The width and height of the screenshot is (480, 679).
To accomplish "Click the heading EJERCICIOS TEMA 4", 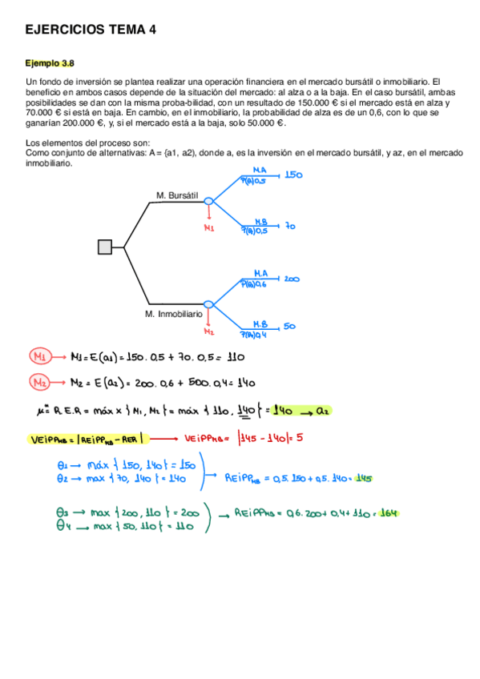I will tap(91, 30).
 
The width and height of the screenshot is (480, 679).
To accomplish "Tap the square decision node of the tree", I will tap(105, 247).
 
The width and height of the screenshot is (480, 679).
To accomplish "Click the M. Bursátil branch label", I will tap(177, 195).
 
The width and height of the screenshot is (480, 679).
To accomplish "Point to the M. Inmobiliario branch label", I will tap(174, 315).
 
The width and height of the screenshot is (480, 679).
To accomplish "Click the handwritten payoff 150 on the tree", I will tap(293, 175).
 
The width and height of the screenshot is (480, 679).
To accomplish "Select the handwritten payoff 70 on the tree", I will tap(290, 227).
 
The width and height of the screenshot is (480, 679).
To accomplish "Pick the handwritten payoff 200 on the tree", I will tap(292, 279).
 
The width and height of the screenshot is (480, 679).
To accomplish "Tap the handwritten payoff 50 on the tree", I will tap(290, 326).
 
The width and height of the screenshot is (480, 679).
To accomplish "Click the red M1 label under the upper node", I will tap(209, 228).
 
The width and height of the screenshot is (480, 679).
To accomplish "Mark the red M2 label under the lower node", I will tap(209, 331).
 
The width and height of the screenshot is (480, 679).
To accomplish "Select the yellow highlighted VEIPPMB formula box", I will tap(86, 439).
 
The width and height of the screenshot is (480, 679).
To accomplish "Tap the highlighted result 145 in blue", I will tap(363, 478).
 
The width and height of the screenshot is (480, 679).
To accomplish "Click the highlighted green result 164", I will tap(389, 513).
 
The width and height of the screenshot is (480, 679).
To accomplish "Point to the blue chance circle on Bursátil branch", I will tap(209, 202).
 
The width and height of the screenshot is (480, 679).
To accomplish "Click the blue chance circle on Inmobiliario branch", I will tap(209, 304).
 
